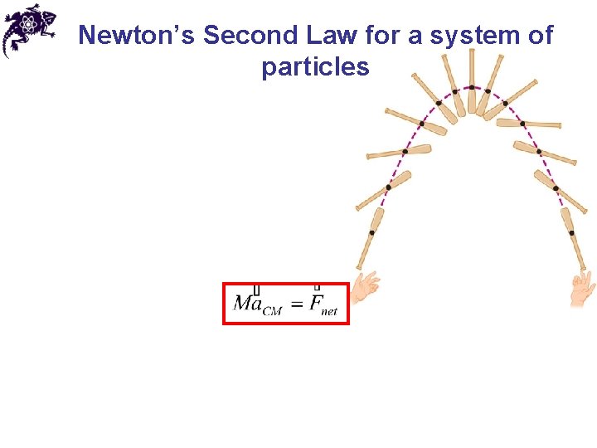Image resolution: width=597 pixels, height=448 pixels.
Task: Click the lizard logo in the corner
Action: pos(29,29)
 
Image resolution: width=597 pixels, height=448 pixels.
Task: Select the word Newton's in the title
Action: pos(136,36)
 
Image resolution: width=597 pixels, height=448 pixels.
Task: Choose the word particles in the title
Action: pos(315,66)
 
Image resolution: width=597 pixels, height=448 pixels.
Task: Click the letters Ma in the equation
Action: pos(248,303)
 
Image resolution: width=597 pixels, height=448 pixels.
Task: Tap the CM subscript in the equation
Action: pos(272,311)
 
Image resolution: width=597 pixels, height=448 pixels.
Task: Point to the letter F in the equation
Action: pos(315,303)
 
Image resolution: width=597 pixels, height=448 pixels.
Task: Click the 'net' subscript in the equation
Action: pos(329,311)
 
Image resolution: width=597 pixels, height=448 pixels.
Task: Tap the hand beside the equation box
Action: pos(365,287)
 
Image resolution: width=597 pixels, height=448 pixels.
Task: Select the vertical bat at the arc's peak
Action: pos(472,81)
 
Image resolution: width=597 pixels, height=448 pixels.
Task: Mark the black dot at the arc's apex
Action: pos(472,87)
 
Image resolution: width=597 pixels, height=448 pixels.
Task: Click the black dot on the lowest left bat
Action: pos(371,233)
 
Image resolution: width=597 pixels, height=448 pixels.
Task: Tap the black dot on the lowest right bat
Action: pos(571,233)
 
